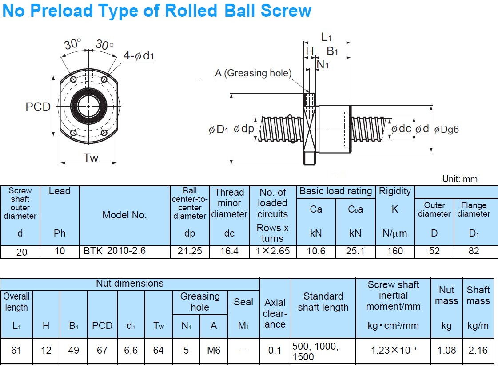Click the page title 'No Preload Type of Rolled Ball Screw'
coord(157,11)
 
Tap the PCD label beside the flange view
coord(38,107)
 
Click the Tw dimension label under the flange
coord(90,158)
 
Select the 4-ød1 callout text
coord(138,56)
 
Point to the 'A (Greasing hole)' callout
coord(253,73)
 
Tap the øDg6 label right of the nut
coord(446,129)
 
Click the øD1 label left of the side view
coord(218,130)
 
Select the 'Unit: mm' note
coord(460,179)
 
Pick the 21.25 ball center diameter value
coord(190,251)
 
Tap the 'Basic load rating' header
coord(335,191)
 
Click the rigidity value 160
coord(394,251)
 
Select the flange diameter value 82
coord(474,251)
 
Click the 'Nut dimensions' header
coord(130,284)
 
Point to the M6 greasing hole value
coord(214,350)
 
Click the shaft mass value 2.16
coord(478,350)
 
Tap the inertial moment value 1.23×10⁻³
coord(394,350)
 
